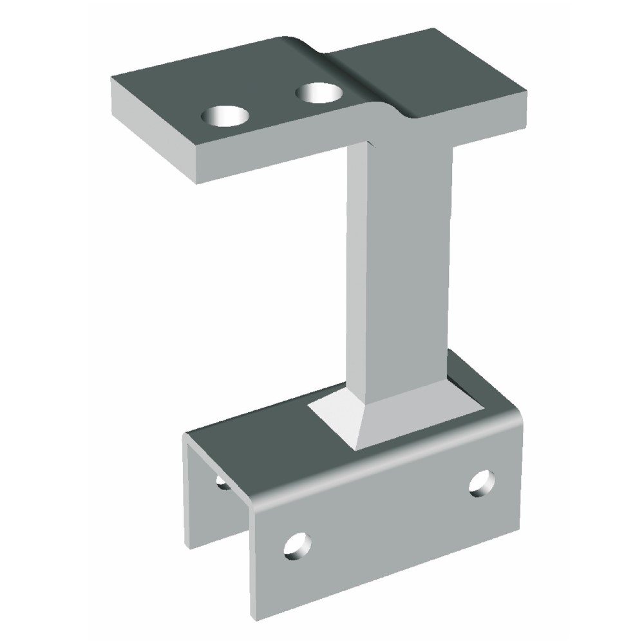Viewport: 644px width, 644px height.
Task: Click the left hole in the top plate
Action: coord(225,117)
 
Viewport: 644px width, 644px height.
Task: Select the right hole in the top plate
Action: coord(319,93)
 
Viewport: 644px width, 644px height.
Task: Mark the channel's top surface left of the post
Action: coord(258,438)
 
